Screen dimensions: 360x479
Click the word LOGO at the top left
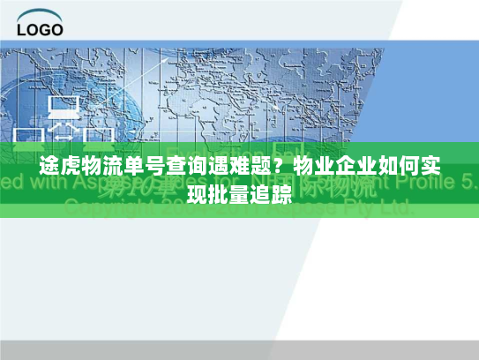click(40, 28)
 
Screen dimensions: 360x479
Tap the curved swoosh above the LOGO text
click(41, 13)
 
